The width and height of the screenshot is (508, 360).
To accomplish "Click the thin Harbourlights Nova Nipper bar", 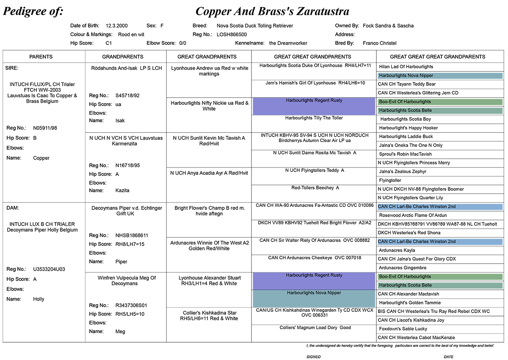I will (440, 76).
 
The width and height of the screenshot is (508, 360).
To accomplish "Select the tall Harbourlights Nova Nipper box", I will (314, 299).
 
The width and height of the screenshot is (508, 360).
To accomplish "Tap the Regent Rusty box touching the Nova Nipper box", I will (314, 281).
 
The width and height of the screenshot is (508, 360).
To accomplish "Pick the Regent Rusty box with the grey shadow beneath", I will (314, 106).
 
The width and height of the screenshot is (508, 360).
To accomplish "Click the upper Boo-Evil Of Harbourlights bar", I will (440, 102).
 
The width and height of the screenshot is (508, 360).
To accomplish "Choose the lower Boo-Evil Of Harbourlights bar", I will (440, 277).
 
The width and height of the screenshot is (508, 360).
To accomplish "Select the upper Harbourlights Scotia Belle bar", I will (440, 110).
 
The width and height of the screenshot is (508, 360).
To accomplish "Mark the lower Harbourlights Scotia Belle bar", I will (440, 285).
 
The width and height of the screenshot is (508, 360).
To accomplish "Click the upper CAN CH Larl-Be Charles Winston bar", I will (440, 207).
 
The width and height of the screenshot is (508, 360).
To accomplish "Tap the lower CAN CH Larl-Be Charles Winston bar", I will (440, 242).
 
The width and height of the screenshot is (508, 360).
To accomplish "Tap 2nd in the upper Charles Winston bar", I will (451, 207).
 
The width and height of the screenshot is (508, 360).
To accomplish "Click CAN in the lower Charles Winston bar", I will (383, 242).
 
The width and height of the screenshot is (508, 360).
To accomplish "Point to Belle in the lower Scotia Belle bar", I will (426, 285).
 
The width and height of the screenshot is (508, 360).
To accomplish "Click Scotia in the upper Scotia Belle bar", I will (414, 110).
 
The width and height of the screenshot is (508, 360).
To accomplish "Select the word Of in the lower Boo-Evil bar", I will (400, 277).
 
